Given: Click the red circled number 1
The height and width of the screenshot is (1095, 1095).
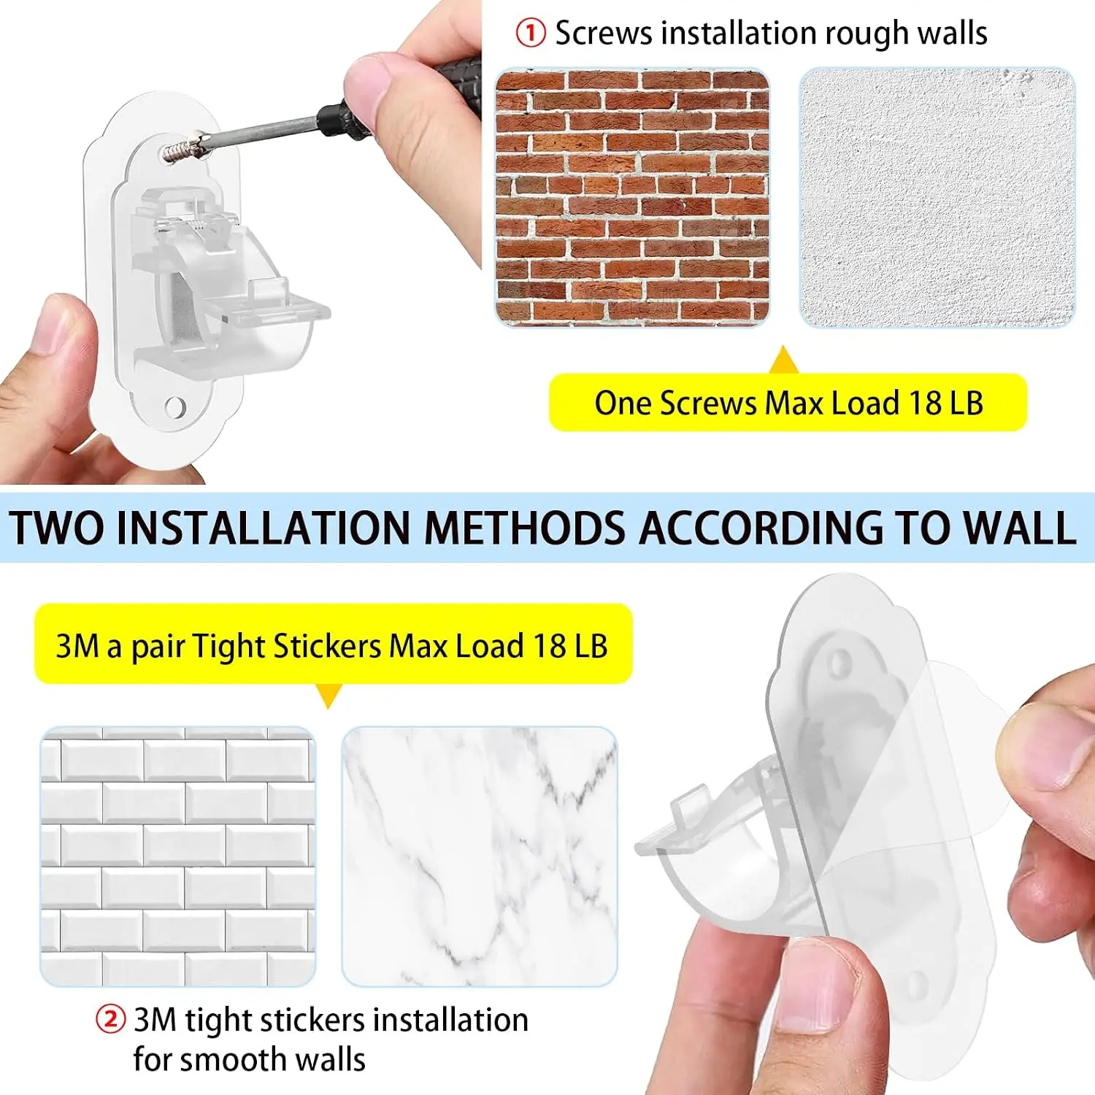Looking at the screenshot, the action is (x=531, y=33).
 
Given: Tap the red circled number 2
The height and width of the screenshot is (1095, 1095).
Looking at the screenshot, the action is (x=111, y=1019).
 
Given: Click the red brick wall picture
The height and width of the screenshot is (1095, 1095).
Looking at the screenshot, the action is (x=632, y=197).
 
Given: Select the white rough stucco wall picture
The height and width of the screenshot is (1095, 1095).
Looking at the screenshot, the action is (x=937, y=197).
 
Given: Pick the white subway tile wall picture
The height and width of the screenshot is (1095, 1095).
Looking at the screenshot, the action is (x=178, y=856).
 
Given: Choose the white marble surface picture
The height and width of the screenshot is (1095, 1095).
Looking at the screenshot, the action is (x=480, y=856).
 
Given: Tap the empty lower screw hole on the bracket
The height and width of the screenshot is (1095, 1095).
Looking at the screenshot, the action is (x=176, y=407).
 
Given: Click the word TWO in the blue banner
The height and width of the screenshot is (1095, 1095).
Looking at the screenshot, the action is (x=58, y=527).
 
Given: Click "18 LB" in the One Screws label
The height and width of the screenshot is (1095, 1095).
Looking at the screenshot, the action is (x=946, y=403).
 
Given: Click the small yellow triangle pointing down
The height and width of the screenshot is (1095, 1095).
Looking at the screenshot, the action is (x=329, y=696).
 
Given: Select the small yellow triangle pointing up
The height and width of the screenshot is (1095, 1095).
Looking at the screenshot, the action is (x=784, y=359).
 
